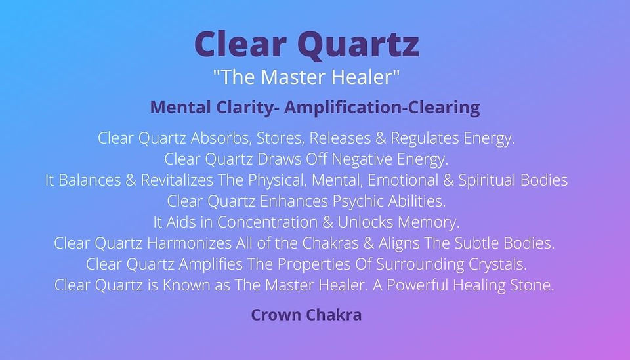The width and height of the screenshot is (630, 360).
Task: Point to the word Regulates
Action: click(x=425, y=138)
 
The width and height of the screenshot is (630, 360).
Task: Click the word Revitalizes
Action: click(x=177, y=180)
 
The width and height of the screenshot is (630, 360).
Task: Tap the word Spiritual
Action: click(x=487, y=180)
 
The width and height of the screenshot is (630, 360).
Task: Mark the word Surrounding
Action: click(x=420, y=264)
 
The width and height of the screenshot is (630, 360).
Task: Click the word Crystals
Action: click(x=497, y=264)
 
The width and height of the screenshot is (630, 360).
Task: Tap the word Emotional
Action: click(x=403, y=180)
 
